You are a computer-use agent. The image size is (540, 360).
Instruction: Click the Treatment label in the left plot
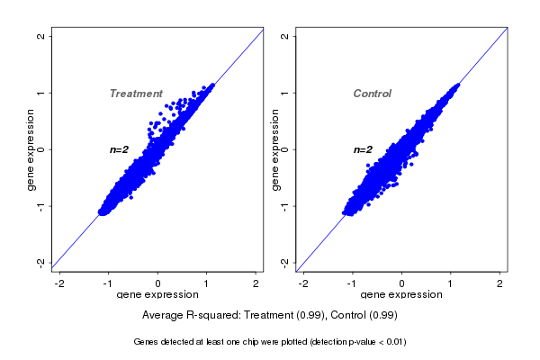pyautogui.click(x=136, y=94)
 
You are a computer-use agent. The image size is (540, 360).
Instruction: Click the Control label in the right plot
pyautogui.click(x=372, y=94)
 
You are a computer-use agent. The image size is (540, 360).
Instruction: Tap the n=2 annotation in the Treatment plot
pyautogui.click(x=120, y=149)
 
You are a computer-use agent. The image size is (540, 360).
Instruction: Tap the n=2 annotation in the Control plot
pyautogui.click(x=363, y=149)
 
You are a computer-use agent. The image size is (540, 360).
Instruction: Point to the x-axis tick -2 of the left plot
pyautogui.click(x=59, y=283)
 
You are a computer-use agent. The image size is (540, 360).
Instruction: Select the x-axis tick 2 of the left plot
pyautogui.click(x=256, y=283)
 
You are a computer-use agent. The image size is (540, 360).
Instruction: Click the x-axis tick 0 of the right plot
pyautogui.click(x=402, y=283)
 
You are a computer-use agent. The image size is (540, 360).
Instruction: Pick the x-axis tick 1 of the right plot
pyautogui.click(x=452, y=283)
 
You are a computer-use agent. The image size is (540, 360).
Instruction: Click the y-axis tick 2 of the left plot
pyautogui.click(x=41, y=36)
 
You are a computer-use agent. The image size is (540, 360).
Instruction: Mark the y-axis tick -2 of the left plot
pyautogui.click(x=41, y=262)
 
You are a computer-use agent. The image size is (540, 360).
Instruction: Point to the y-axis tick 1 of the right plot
pyautogui.click(x=284, y=93)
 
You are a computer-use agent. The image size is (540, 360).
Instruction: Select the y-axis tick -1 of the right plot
pyautogui.click(x=284, y=206)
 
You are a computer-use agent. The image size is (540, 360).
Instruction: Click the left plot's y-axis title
pyautogui.click(x=31, y=149)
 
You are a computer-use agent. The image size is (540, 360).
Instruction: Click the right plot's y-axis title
pyautogui.click(x=275, y=149)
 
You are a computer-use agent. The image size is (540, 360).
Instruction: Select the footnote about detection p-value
pyautogui.click(x=270, y=342)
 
